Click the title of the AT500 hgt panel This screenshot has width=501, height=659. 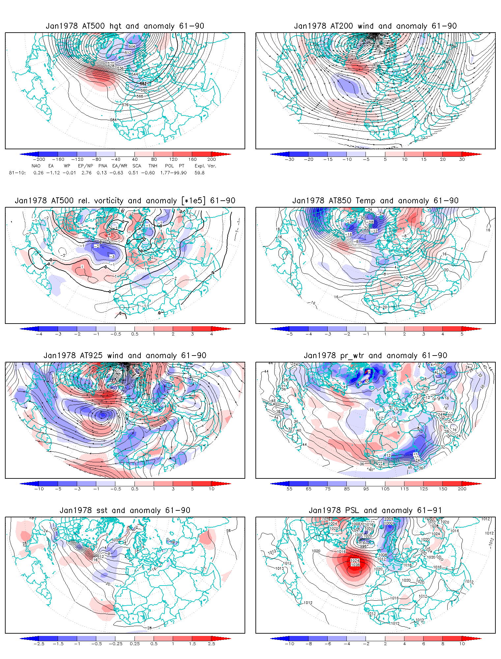click(x=125, y=26)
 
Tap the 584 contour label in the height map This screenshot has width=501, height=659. click(x=113, y=120)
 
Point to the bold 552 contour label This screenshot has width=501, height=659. click(x=143, y=84)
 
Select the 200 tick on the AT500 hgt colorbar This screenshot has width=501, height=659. click(x=211, y=159)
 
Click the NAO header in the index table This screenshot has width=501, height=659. click(x=36, y=166)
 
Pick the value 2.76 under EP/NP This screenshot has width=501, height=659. click(x=86, y=173)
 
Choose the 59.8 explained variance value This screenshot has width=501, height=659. click(x=199, y=173)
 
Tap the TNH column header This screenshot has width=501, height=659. click(x=153, y=166)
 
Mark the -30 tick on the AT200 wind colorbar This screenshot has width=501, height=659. click(x=289, y=159)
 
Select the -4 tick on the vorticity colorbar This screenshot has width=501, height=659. click(x=39, y=334)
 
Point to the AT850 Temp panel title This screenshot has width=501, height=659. click(x=375, y=201)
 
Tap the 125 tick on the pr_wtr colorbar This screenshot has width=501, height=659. click(x=424, y=489)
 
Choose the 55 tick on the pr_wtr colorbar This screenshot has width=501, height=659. click(x=289, y=489)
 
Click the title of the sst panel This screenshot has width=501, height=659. click(x=125, y=510)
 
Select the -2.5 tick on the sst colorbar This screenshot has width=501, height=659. click(x=39, y=644)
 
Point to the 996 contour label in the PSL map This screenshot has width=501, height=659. click(x=363, y=546)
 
